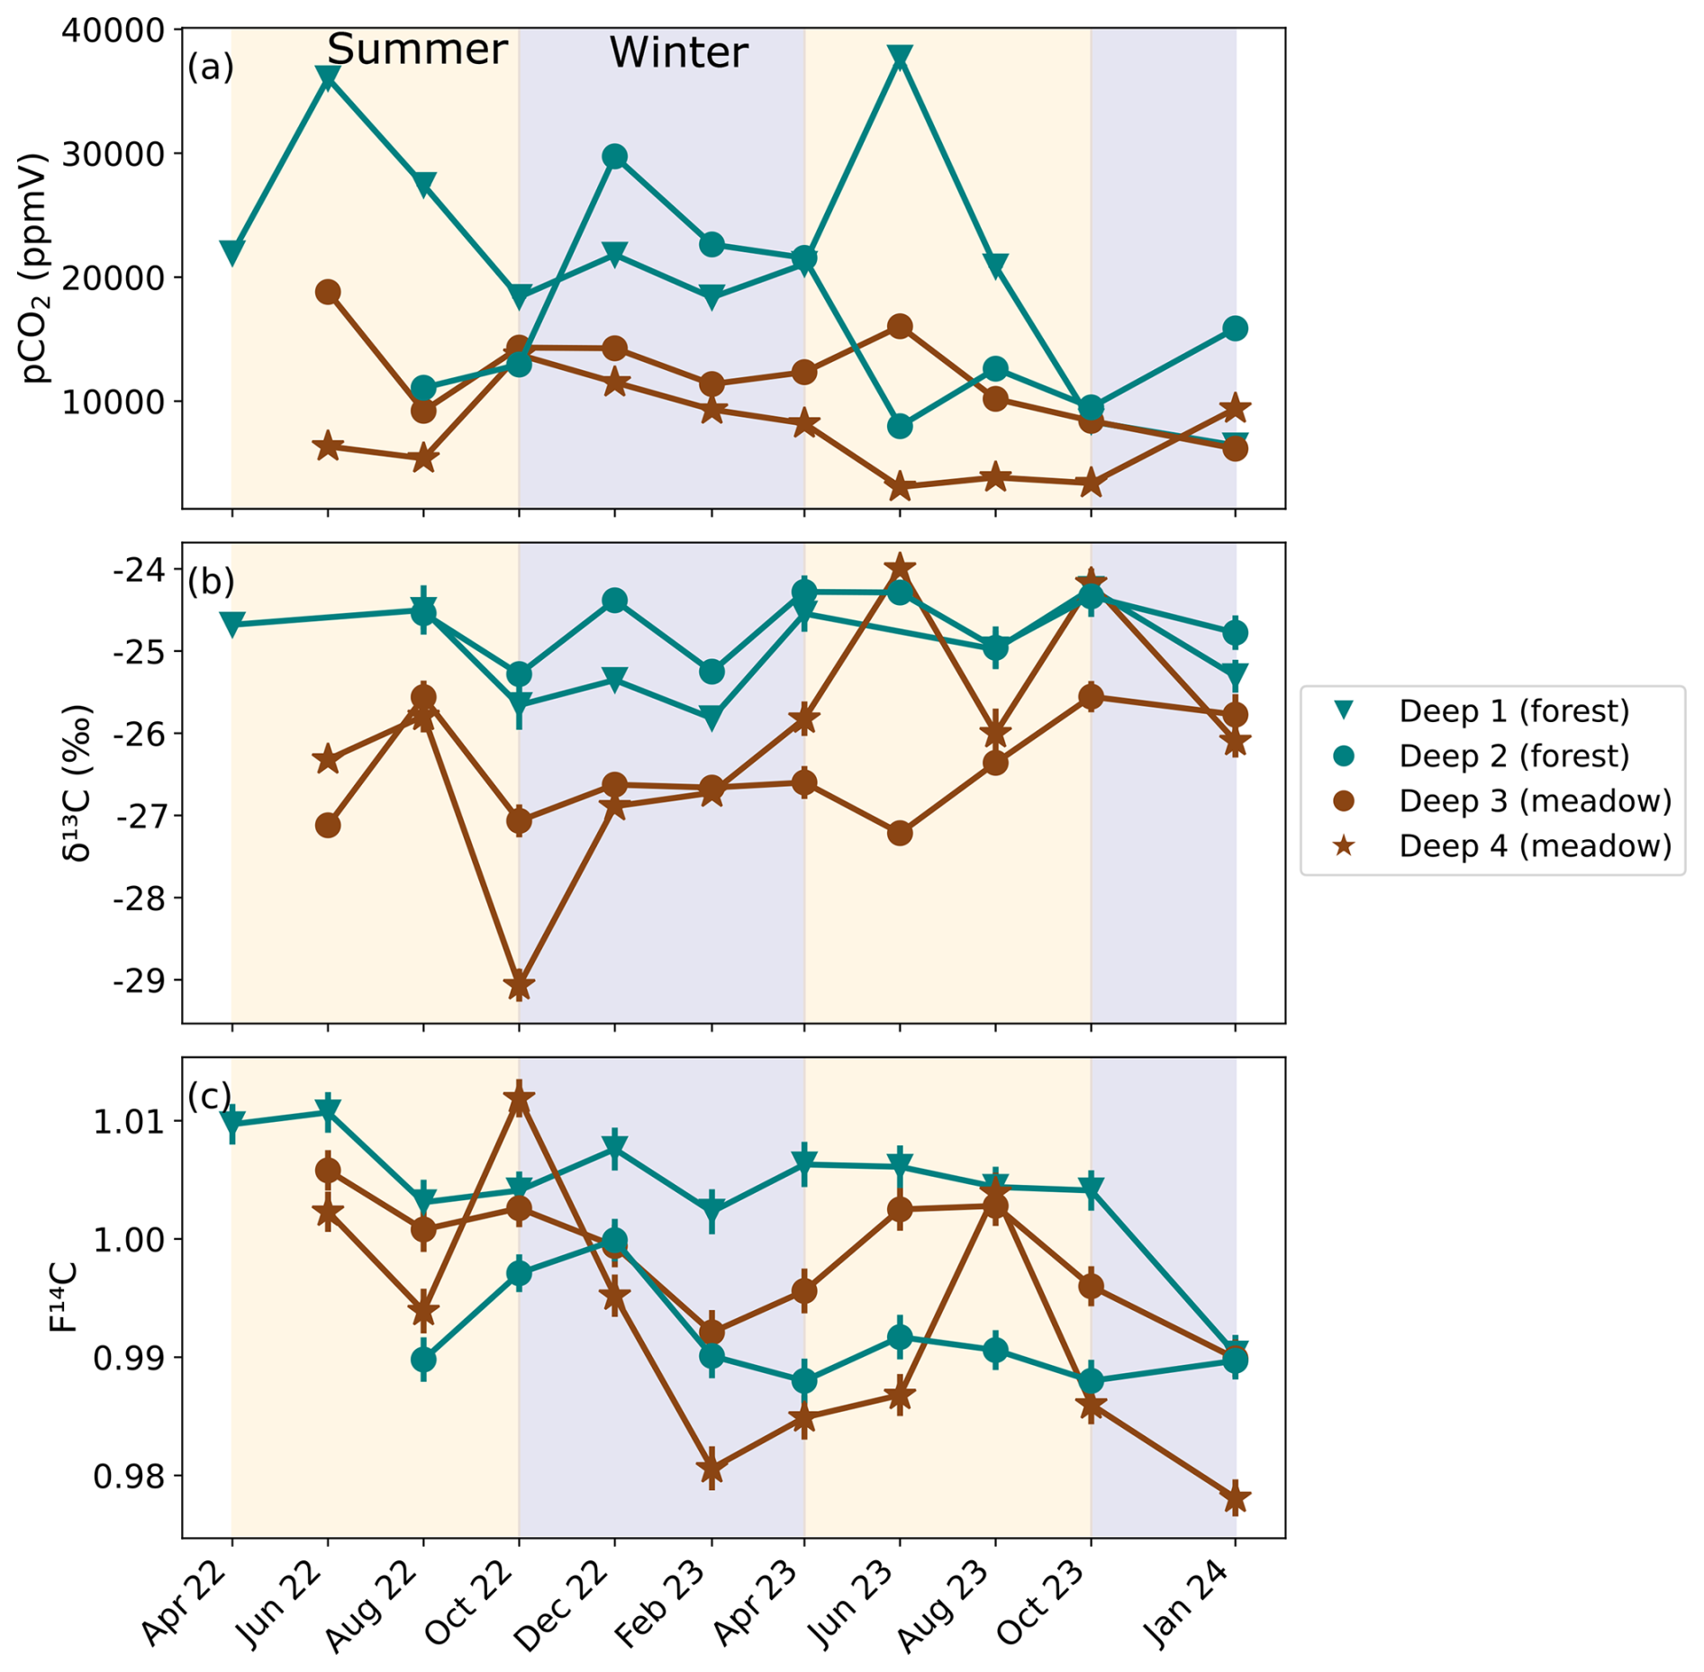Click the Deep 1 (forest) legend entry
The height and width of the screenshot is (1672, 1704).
1513,711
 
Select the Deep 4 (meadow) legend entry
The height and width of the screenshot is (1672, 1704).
1534,846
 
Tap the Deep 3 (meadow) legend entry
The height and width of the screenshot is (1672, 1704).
1534,801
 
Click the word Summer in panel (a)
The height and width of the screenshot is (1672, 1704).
417,50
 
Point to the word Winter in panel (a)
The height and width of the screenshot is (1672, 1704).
678,53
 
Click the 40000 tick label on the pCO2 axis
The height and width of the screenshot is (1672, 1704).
113,31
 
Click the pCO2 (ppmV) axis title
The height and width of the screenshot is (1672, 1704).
36,268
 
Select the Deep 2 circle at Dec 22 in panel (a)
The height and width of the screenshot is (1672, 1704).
614,157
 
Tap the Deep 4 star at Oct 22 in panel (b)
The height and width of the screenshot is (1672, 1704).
519,985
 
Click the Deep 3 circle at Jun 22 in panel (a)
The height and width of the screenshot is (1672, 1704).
328,292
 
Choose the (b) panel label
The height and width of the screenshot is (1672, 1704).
211,583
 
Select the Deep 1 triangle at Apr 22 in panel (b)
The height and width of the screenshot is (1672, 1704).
232,624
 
